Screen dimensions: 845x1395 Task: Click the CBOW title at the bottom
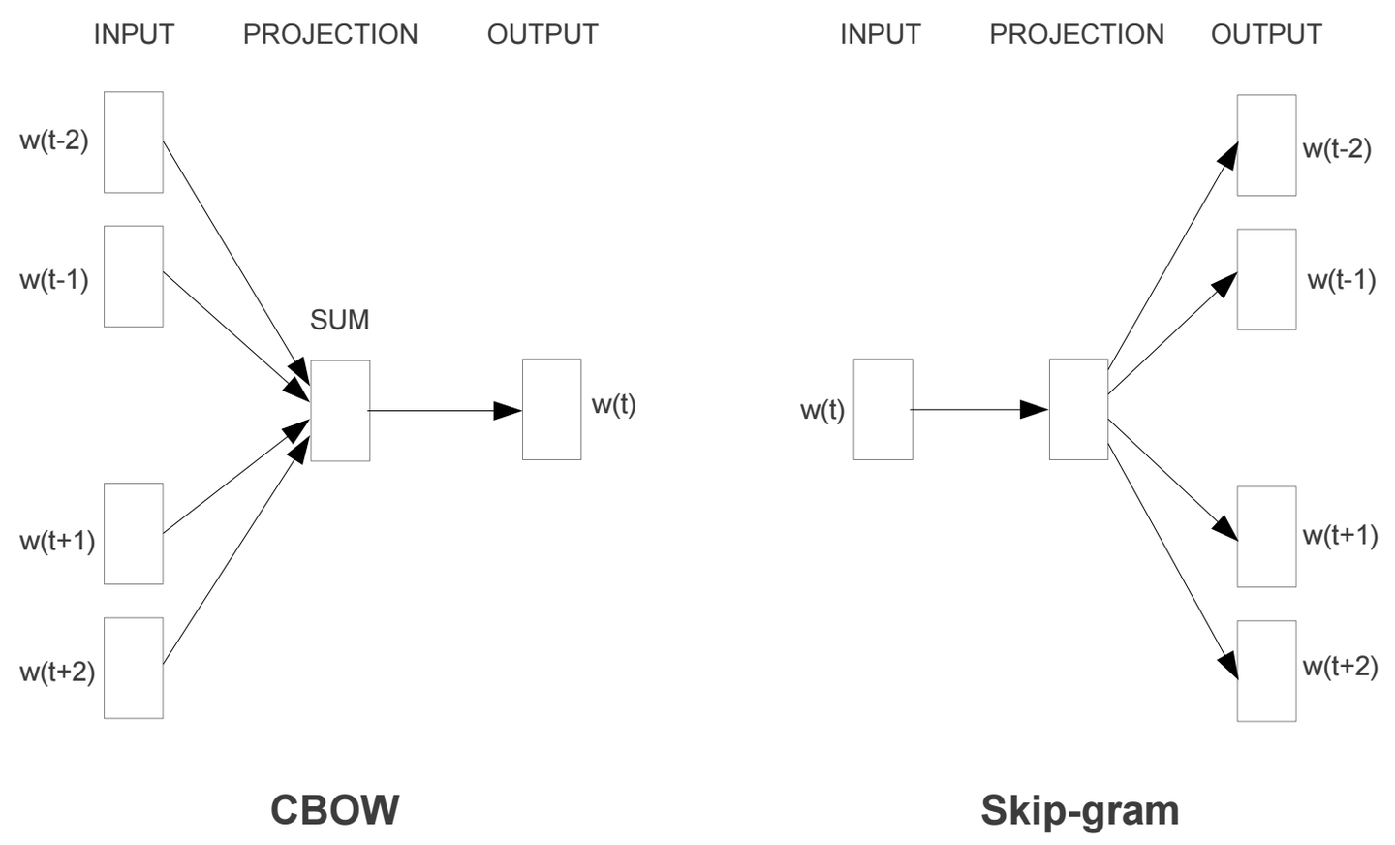point(334,810)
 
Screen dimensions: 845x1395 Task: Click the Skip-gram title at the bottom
point(1079,810)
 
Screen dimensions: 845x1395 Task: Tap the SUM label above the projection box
point(339,320)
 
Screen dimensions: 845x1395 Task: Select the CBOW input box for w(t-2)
point(134,142)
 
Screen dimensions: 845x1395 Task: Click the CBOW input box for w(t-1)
point(134,276)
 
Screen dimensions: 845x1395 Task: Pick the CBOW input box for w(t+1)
point(134,534)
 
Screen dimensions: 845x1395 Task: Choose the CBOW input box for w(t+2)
point(134,668)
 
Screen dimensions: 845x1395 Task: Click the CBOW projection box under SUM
point(340,411)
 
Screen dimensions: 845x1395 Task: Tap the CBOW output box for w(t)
point(551,409)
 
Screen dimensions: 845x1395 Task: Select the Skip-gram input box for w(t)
point(883,409)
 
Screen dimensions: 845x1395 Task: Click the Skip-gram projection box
point(1078,409)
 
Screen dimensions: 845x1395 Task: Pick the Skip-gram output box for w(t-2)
point(1266,145)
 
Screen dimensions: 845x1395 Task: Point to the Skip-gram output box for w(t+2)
point(1266,671)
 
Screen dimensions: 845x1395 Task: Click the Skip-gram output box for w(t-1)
point(1266,279)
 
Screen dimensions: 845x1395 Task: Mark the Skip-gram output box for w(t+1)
point(1266,537)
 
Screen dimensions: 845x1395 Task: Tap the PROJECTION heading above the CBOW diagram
point(329,34)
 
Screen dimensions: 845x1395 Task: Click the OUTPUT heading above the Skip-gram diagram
point(1265,34)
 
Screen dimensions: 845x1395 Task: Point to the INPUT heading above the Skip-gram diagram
point(880,34)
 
